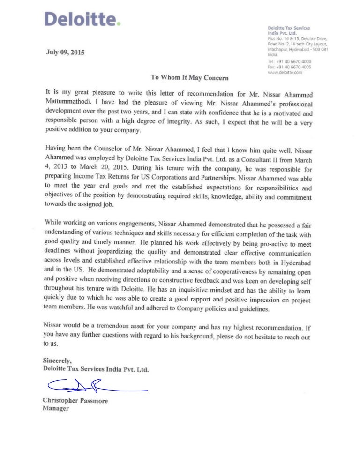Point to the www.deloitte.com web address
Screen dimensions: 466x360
(285, 73)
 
